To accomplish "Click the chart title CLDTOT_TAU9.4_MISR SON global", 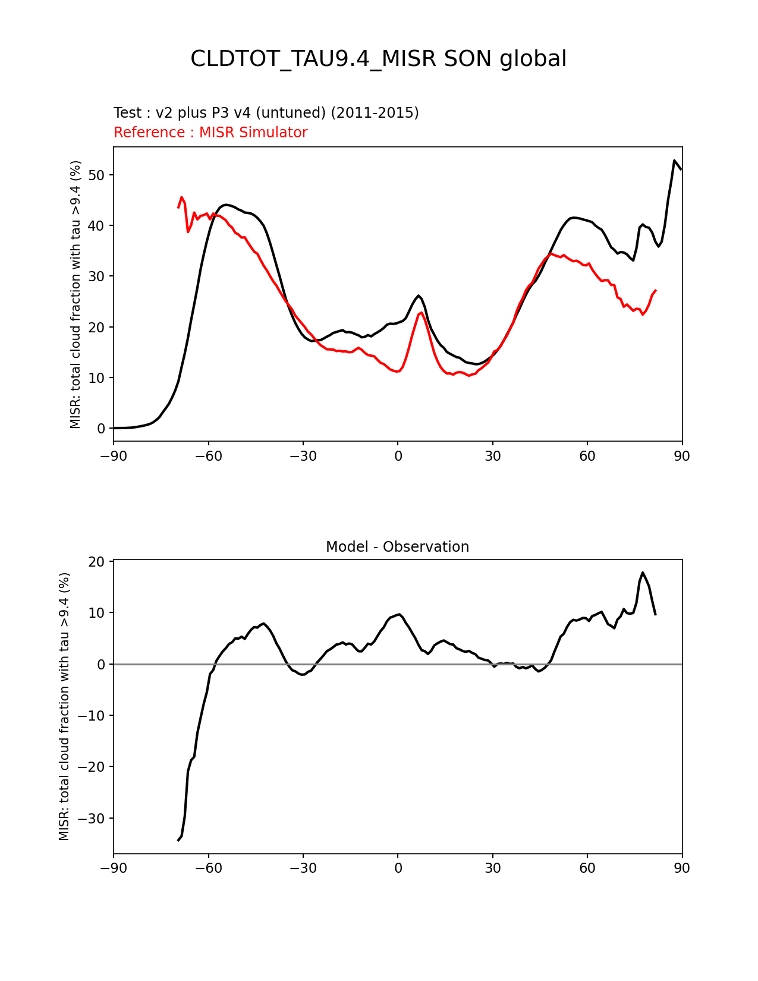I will [378, 59].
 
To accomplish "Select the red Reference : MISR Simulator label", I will [210, 133].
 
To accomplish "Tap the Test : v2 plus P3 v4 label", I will [266, 113].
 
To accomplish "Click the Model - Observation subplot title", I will [397, 547].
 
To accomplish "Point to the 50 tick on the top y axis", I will [97, 175].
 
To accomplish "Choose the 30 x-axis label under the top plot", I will [492, 457].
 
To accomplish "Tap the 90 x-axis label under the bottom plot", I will [682, 869].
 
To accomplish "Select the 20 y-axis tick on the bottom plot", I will [97, 562].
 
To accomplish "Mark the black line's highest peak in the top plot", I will [674, 161].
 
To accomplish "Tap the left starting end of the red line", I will [178, 207].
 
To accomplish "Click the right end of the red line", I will [655, 290].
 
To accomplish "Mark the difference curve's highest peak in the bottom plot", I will [643, 573].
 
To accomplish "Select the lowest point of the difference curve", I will [178, 840].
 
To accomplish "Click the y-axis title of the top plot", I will [76, 294].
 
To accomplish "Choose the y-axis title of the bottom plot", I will [65, 706].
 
